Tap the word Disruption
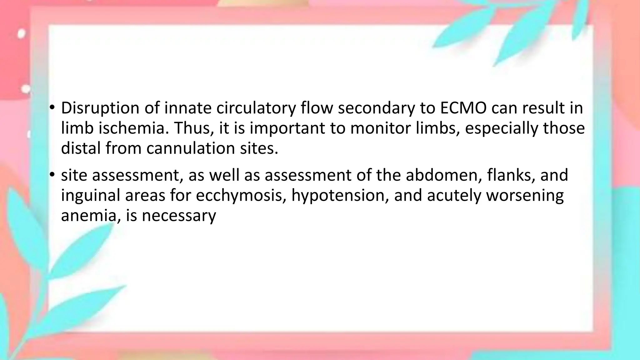point(100,108)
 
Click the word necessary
point(179,215)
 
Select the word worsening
point(525,195)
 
